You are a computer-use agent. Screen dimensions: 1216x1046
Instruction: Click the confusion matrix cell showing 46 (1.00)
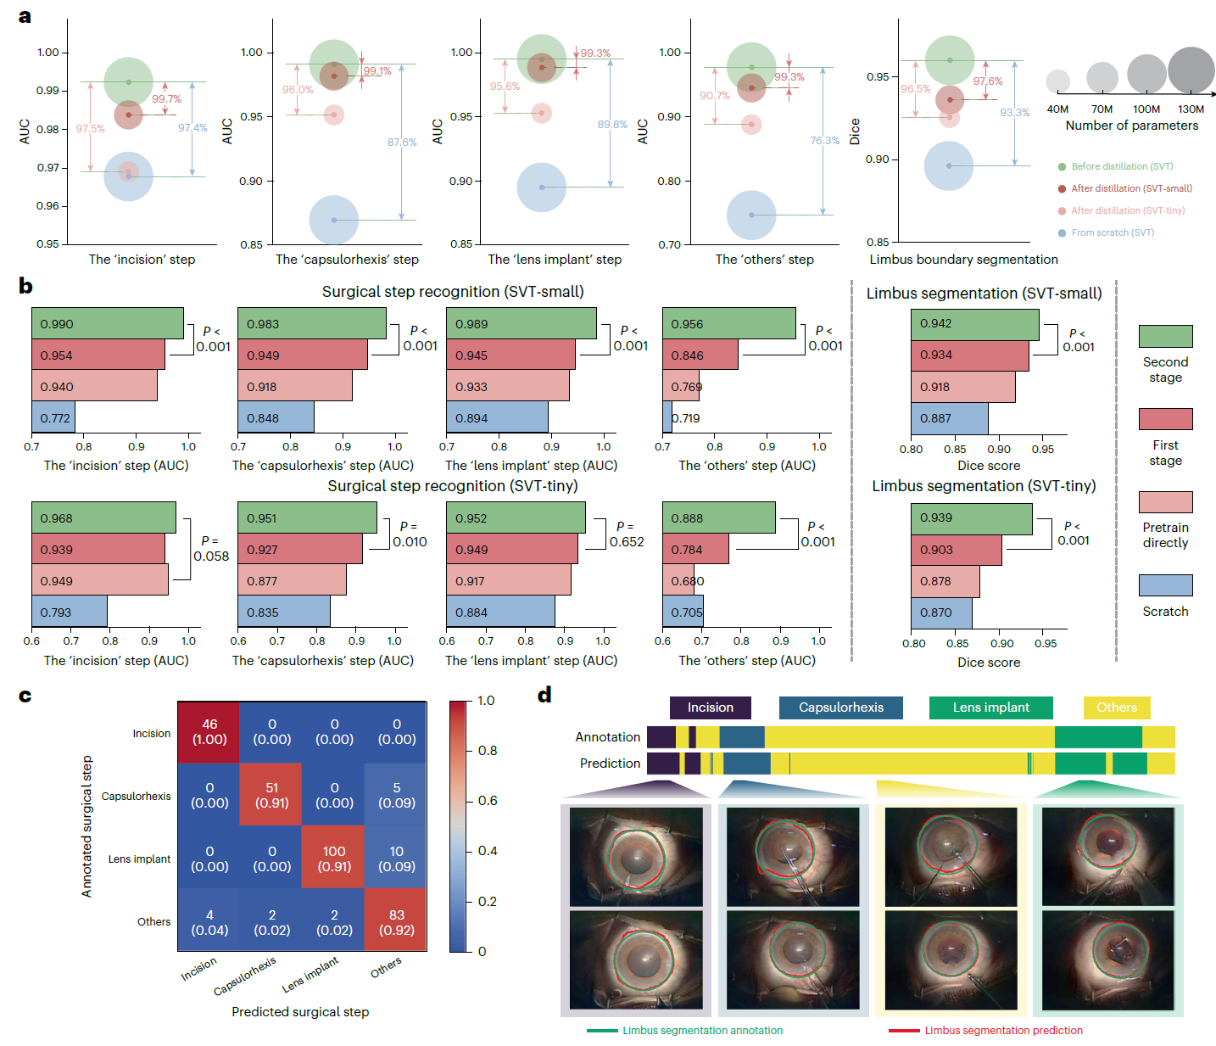coord(209,732)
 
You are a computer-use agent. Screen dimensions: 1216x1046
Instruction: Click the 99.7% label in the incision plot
coord(166,99)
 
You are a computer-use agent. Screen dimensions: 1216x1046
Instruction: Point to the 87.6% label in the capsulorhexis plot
coord(402,142)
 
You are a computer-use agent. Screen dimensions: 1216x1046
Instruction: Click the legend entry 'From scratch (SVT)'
coord(1113,232)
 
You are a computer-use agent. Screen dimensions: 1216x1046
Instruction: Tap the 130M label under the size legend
coord(1191,109)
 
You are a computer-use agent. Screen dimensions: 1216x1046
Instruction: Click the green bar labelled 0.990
coord(108,323)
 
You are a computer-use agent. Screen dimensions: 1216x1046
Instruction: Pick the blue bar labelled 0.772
coord(53,417)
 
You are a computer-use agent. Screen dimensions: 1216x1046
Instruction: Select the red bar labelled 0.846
coord(700,355)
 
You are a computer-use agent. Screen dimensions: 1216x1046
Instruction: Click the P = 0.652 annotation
coord(627,534)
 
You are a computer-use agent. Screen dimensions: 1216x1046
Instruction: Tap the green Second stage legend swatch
coord(1165,336)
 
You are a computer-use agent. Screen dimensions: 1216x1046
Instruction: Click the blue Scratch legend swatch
coord(1165,585)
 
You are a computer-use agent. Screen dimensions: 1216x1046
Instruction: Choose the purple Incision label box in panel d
coord(710,707)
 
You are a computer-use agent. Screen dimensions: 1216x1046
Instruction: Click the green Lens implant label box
coord(990,707)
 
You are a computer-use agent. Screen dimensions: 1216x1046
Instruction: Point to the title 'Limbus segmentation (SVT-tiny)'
coord(984,485)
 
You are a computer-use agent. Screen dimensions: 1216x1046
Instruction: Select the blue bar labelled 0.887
coord(950,418)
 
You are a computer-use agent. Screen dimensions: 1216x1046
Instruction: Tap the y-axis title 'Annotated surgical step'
coord(86,826)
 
